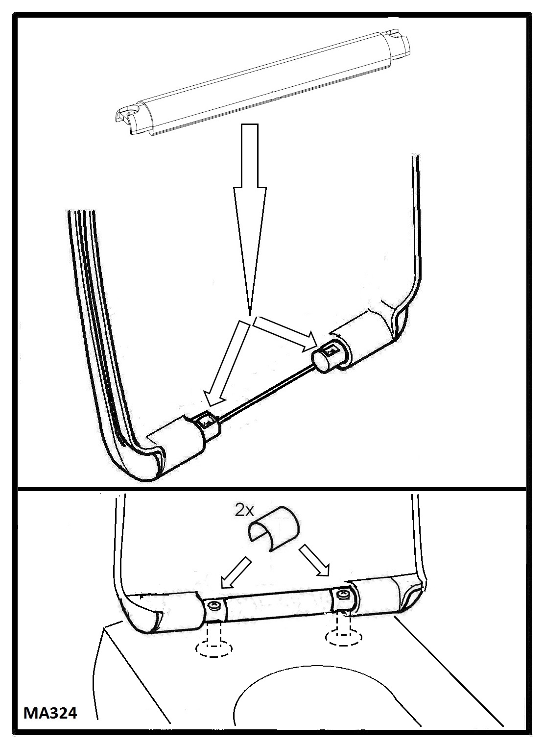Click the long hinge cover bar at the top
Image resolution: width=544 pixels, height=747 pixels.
point(262,85)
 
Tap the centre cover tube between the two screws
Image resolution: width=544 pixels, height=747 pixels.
point(279,601)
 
